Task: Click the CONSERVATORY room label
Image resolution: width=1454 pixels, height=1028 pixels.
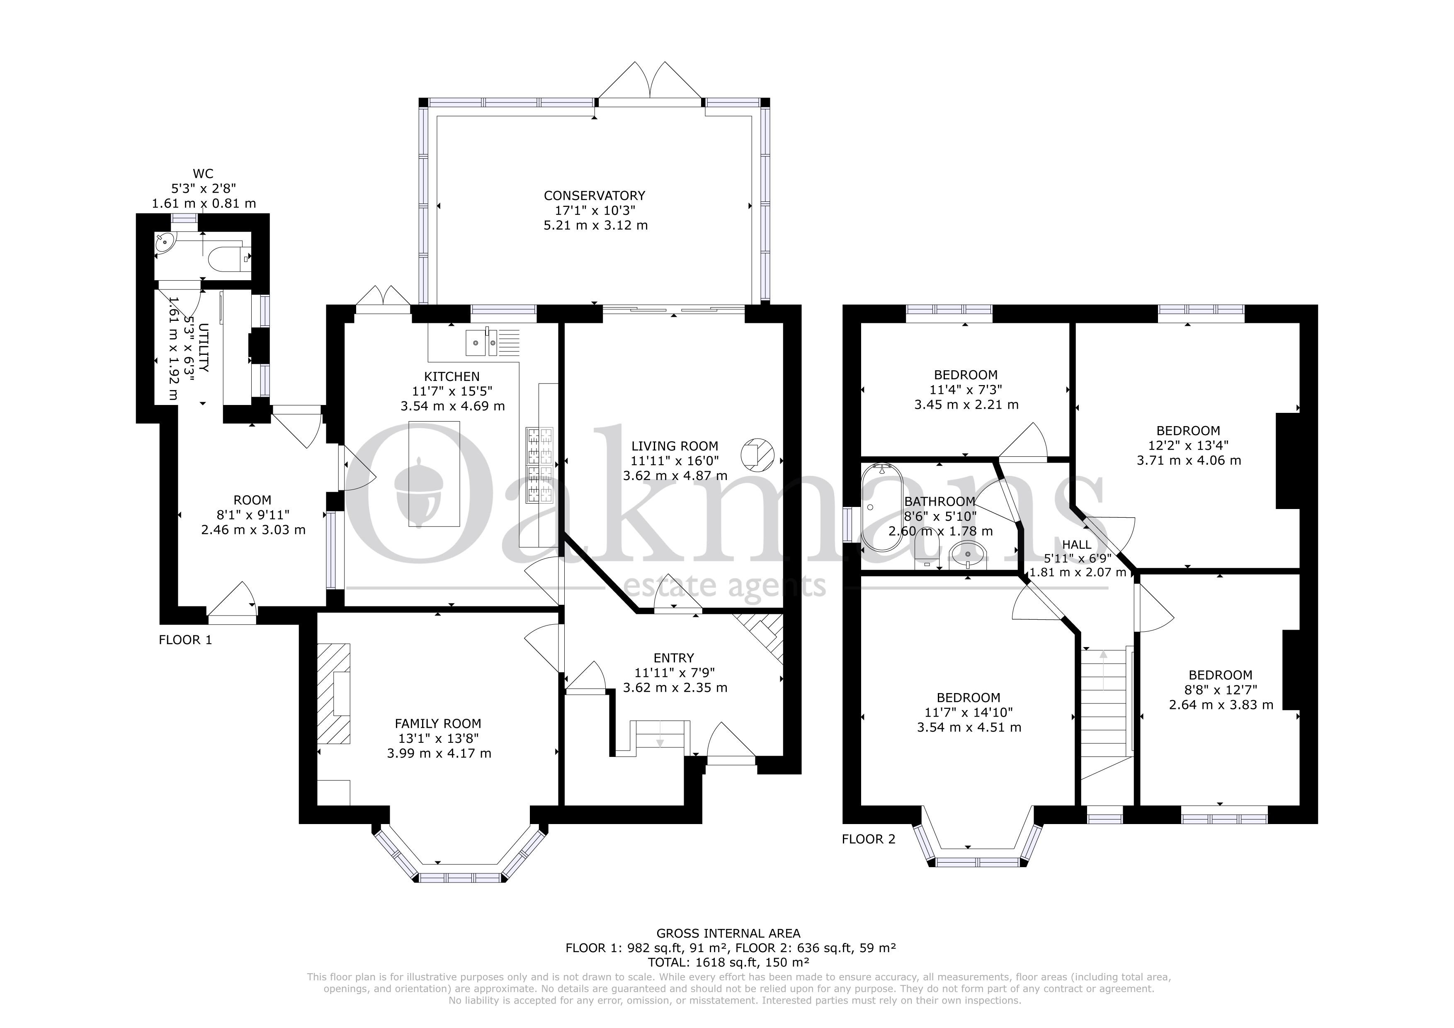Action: (595, 196)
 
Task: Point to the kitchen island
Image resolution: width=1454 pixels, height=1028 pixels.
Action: (435, 474)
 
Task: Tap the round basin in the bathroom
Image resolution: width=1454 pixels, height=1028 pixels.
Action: (968, 555)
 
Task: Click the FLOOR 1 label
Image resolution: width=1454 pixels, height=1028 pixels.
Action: (185, 640)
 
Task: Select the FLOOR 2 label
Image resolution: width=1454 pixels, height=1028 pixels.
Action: (868, 839)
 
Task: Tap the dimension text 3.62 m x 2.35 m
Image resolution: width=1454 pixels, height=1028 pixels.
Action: (675, 687)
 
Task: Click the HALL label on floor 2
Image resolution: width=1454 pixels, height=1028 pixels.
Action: (1077, 544)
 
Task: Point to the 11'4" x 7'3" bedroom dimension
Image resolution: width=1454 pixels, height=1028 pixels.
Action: (966, 389)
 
